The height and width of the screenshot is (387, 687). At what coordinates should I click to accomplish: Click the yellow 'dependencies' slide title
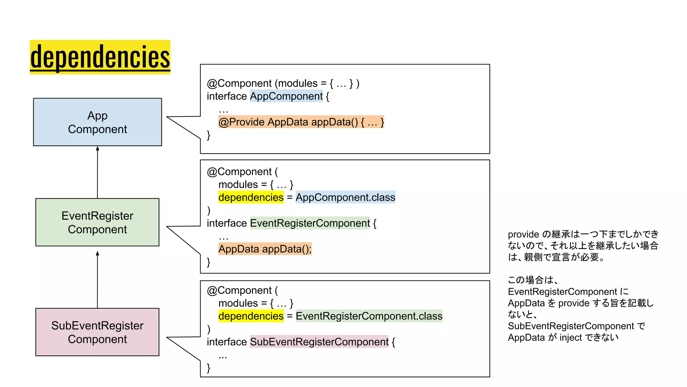pyautogui.click(x=100, y=57)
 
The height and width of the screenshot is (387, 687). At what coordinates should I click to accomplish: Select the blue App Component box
pyautogui.click(x=97, y=122)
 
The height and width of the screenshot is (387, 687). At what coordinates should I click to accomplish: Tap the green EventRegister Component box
pyautogui.click(x=97, y=222)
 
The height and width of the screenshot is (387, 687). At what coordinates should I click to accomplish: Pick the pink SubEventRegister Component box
pyautogui.click(x=97, y=332)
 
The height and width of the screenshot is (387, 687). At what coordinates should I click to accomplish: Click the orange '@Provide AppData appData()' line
pyautogui.click(x=301, y=122)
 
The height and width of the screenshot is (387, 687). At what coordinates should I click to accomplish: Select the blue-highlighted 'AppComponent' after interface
pyautogui.click(x=286, y=96)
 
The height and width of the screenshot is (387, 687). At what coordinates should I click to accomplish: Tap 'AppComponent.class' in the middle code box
pyautogui.click(x=345, y=197)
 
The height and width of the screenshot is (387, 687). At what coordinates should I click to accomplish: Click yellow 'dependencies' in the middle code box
pyautogui.click(x=251, y=197)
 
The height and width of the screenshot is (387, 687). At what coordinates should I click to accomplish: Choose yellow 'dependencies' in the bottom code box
pyautogui.click(x=251, y=316)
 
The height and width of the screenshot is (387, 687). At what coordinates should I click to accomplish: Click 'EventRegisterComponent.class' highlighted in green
pyautogui.click(x=369, y=316)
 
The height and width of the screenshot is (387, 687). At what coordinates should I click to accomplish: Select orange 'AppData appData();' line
pyautogui.click(x=265, y=249)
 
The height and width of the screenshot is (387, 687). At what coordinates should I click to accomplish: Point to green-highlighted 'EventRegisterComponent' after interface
pyautogui.click(x=310, y=223)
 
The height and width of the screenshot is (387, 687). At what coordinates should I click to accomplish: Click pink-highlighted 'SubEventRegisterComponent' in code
pyautogui.click(x=319, y=342)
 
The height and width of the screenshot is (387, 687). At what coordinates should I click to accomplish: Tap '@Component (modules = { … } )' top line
pyautogui.click(x=283, y=83)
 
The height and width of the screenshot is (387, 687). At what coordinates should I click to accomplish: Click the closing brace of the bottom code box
pyautogui.click(x=209, y=368)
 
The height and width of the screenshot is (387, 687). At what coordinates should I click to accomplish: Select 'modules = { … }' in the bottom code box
pyautogui.click(x=256, y=303)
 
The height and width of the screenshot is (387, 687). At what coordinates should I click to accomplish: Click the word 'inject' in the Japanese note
pyautogui.click(x=571, y=337)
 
